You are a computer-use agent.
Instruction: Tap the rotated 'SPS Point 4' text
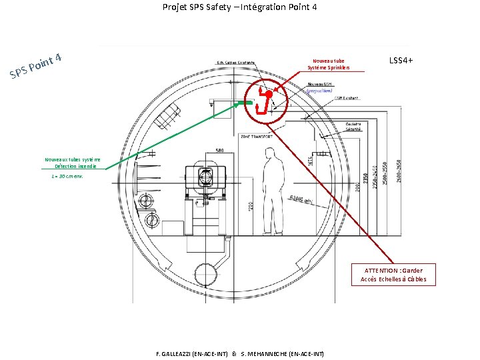point(37,66)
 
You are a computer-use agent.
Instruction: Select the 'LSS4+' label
point(401,61)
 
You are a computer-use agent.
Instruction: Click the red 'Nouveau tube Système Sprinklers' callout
point(329,63)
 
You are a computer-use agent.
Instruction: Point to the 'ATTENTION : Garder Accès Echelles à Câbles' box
point(393,275)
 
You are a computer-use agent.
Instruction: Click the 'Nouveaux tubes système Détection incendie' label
point(73,163)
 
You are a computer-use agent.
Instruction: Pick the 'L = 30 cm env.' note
point(67,177)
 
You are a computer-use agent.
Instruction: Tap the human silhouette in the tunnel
point(273,180)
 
